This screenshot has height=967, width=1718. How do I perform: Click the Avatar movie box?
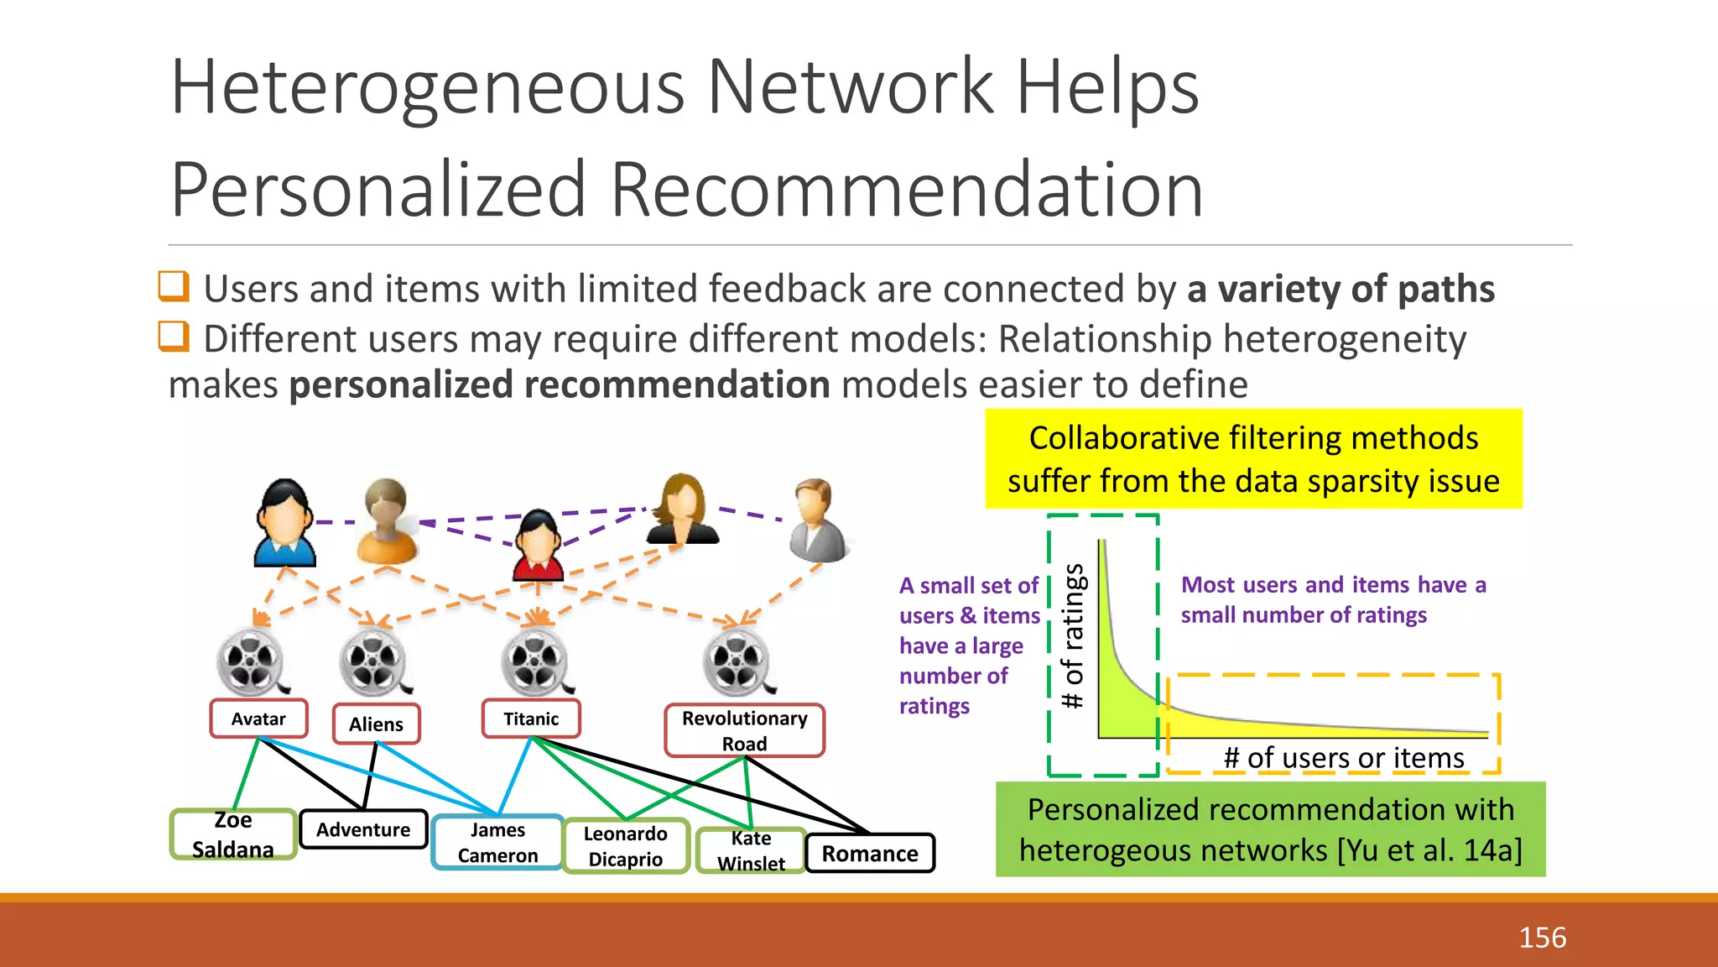click(258, 719)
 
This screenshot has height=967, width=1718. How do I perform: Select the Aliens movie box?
click(376, 724)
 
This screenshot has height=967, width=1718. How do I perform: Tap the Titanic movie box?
click(531, 719)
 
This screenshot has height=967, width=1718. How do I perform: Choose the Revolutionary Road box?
click(744, 730)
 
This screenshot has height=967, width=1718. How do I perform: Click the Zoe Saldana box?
click(233, 834)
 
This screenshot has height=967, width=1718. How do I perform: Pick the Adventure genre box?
click(363, 829)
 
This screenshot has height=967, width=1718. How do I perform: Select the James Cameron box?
click(497, 842)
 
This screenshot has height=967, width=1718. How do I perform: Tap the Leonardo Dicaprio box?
click(626, 846)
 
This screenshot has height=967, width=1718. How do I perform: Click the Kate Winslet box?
click(751, 850)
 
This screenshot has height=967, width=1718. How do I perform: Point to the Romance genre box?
click(870, 854)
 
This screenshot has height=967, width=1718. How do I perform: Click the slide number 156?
click(1542, 937)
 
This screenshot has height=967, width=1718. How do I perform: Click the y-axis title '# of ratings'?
click(1073, 636)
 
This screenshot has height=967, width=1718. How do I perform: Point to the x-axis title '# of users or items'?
click(1344, 757)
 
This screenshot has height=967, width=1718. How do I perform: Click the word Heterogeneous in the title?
click(428, 87)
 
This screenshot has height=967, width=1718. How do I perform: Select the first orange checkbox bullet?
click(174, 286)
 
